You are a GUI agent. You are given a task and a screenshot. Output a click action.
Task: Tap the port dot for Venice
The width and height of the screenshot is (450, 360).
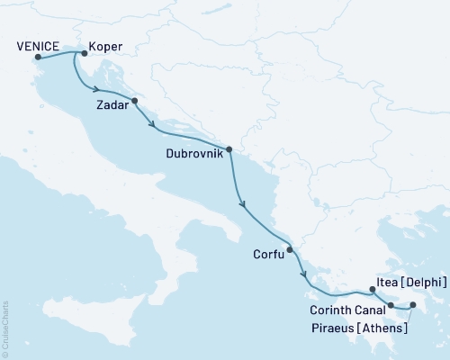38,59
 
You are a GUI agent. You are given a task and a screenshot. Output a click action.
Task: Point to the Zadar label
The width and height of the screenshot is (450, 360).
112,105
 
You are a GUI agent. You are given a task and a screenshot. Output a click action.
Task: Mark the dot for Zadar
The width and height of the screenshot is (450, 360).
134,101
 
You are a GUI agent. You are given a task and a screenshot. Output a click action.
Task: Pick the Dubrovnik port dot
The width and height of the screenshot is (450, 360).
229,149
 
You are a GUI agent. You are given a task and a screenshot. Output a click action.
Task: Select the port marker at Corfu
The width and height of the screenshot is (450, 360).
290,250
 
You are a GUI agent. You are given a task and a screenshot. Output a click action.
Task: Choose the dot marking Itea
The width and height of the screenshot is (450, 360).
372,290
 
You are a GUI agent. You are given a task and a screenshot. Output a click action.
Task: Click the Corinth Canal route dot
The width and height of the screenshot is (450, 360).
391,305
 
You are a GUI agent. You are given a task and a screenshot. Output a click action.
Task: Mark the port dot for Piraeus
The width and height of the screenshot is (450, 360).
413,306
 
